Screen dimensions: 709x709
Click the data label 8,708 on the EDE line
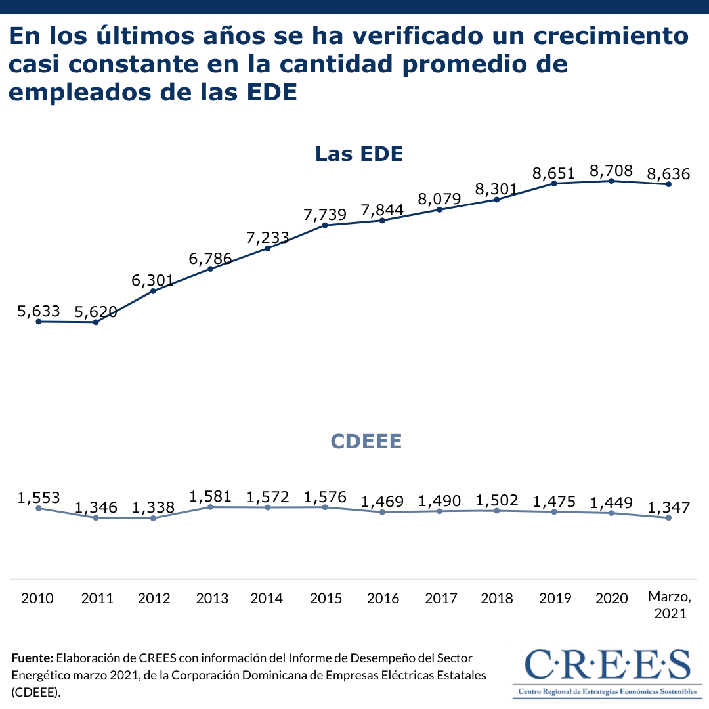click(611, 172)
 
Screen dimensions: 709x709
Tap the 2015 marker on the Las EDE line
click(325, 225)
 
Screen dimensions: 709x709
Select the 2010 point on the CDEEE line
click(39, 508)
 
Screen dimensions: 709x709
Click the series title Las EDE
click(358, 154)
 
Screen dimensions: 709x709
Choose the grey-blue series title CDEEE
click(366, 441)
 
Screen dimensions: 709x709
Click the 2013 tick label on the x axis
click(212, 598)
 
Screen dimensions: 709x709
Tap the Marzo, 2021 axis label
click(670, 605)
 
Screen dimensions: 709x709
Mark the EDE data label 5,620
click(96, 312)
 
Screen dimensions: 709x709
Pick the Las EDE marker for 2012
click(153, 291)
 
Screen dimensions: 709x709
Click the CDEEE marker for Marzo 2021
click(668, 518)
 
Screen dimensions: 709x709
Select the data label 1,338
click(153, 507)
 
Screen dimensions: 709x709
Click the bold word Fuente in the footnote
click(32, 658)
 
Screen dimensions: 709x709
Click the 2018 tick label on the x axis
click(497, 598)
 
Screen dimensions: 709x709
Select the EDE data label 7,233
click(268, 238)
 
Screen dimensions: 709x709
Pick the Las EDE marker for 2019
click(554, 183)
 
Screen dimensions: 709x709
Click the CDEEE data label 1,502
click(497, 500)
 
